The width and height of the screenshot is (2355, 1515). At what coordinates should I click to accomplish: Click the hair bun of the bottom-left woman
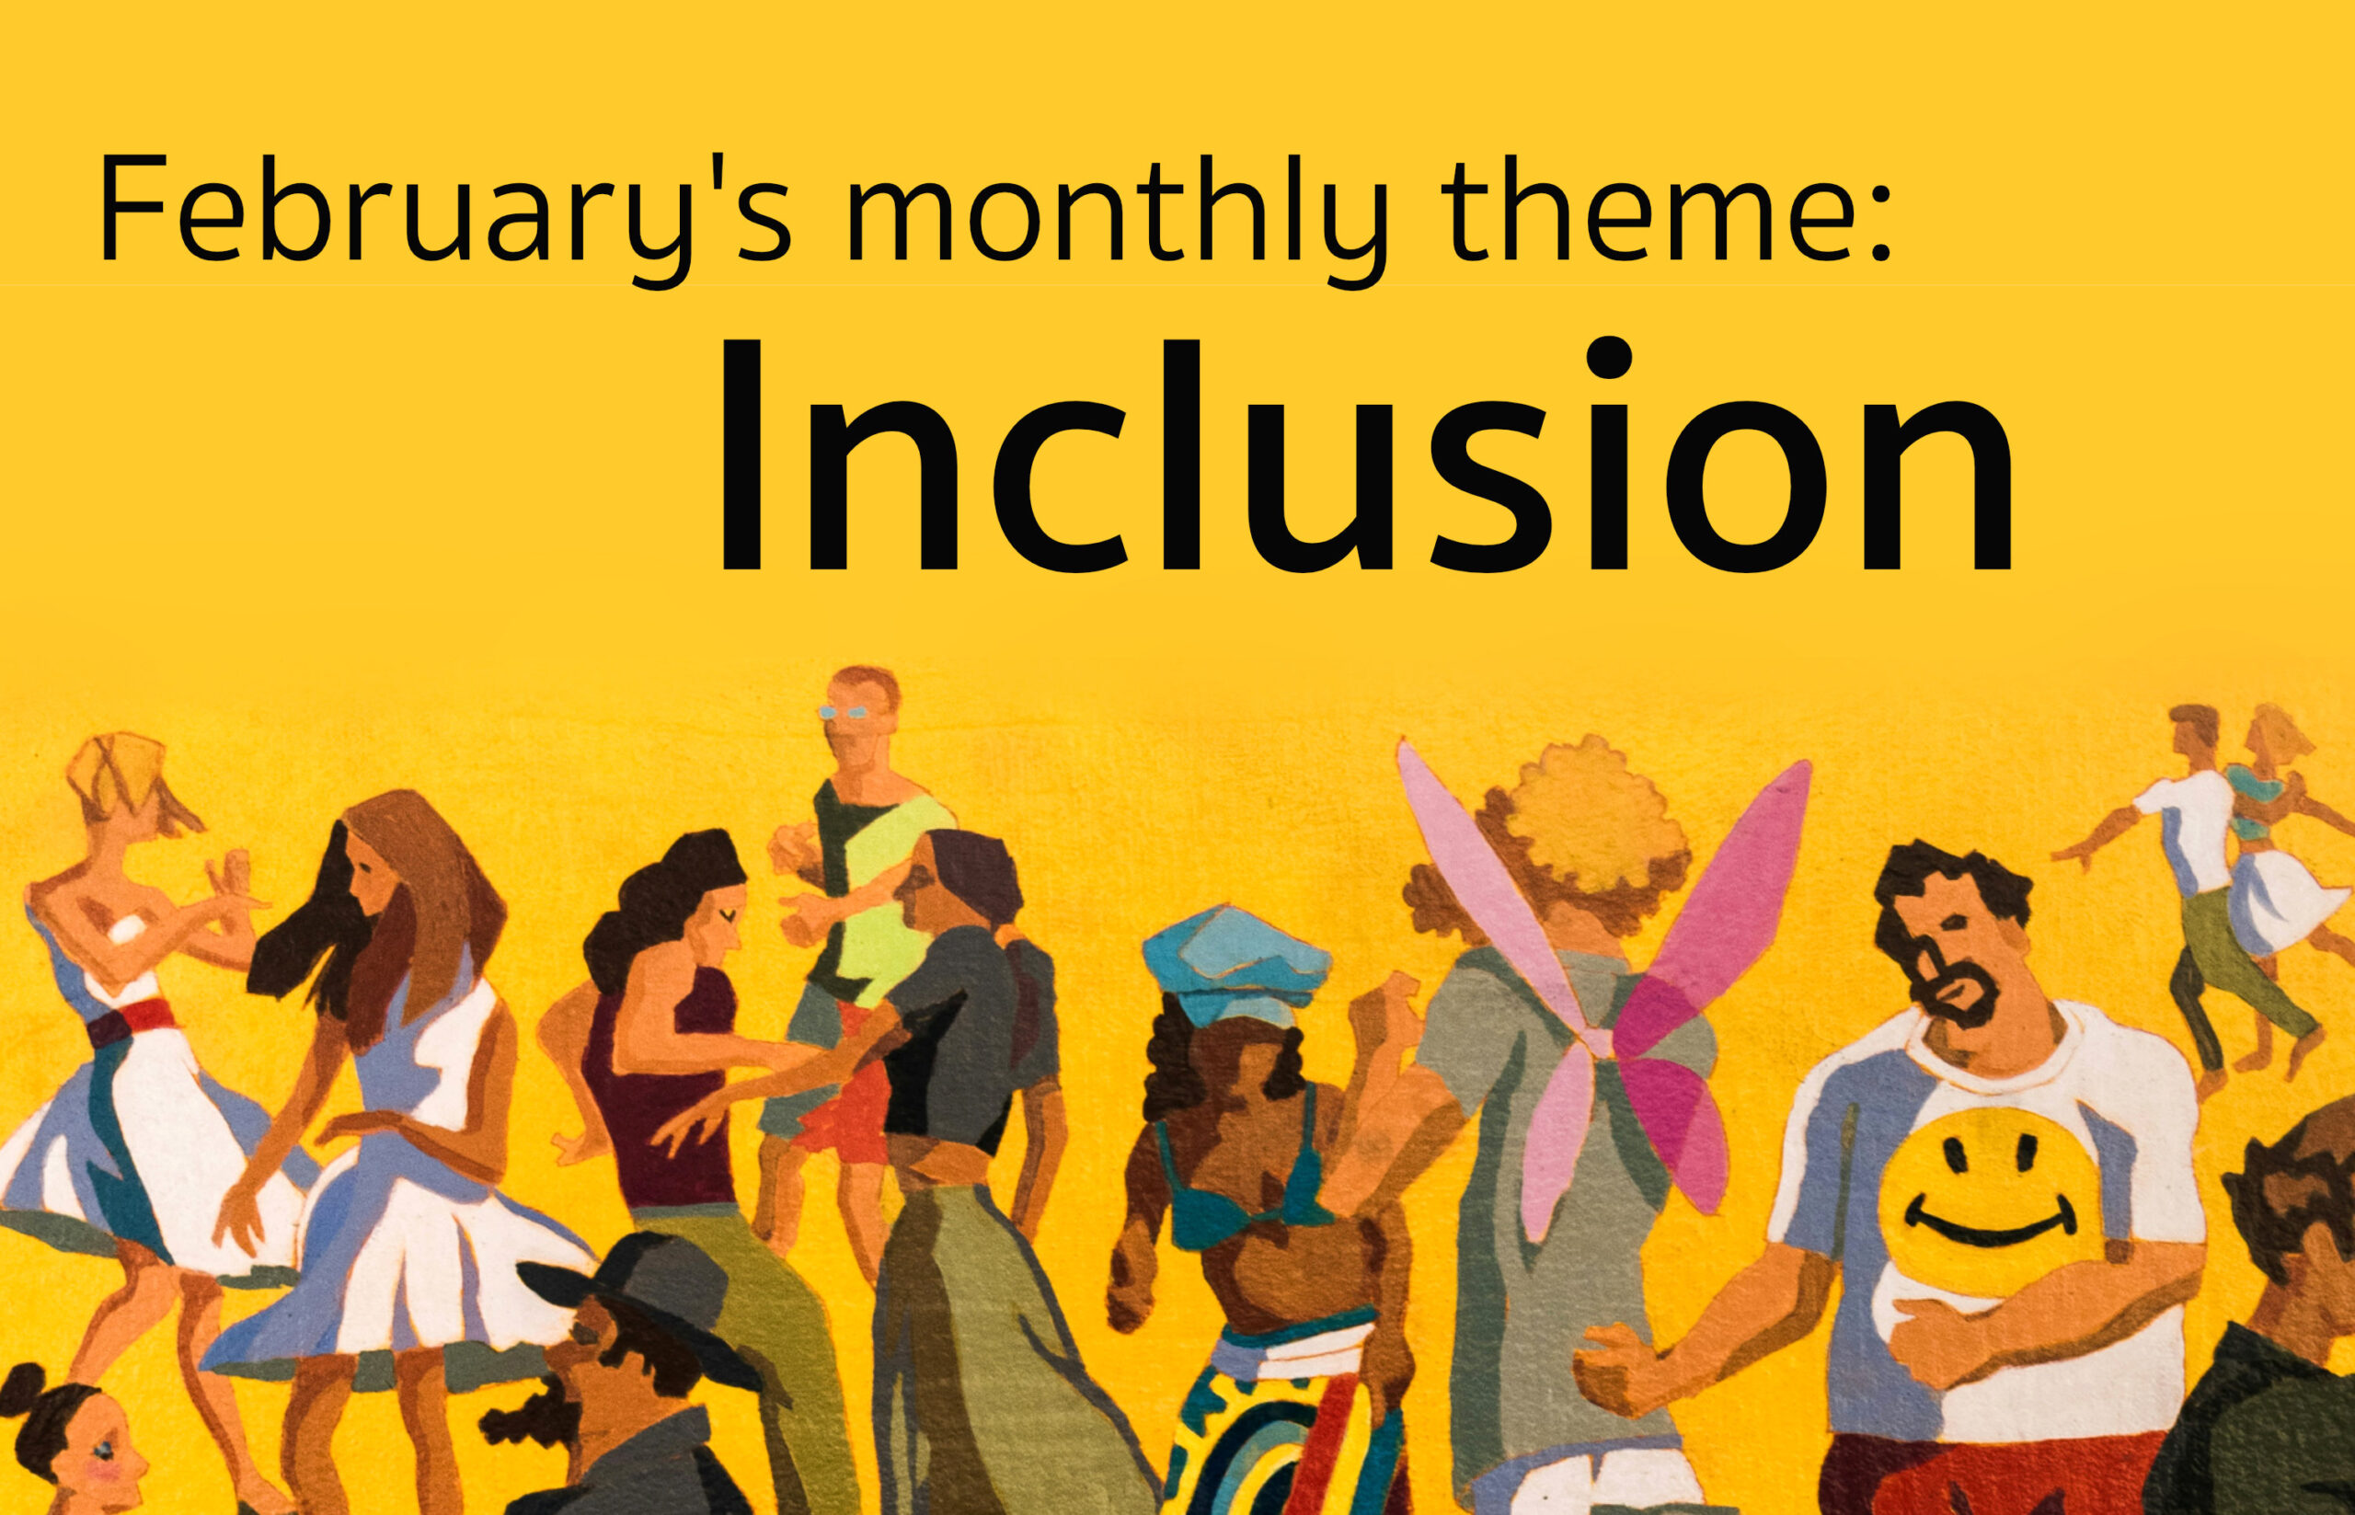tap(22, 1386)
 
